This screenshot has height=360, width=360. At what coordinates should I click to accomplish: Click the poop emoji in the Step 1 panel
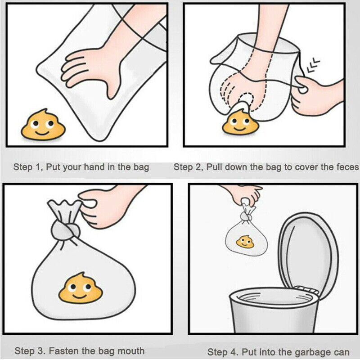43,125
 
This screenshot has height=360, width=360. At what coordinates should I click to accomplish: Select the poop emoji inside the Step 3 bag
81,288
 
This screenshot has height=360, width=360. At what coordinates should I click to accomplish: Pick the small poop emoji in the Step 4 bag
245,242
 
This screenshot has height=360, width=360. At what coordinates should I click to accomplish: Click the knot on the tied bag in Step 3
65,230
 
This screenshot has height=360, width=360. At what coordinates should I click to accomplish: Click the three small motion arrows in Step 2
313,65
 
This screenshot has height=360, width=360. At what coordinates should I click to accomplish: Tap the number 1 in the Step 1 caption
38,167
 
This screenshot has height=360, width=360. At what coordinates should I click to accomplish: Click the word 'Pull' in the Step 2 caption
215,167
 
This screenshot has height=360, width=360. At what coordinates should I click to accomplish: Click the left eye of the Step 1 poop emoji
35,124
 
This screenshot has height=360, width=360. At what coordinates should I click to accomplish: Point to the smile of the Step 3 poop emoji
80,296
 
